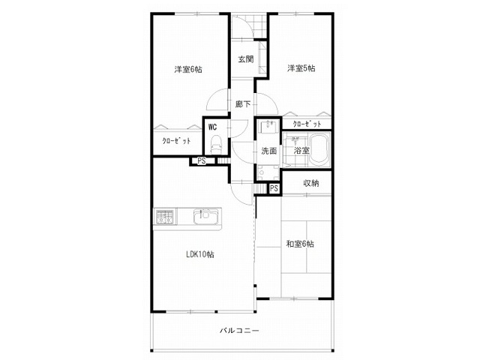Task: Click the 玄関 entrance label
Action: pyautogui.click(x=246, y=59)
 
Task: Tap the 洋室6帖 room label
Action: pyautogui.click(x=188, y=70)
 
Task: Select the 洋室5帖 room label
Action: pyautogui.click(x=301, y=68)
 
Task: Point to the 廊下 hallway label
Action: pyautogui.click(x=243, y=104)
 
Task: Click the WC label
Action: pyautogui.click(x=212, y=127)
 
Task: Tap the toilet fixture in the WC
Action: pyautogui.click(x=216, y=145)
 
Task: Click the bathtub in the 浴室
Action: pyautogui.click(x=320, y=149)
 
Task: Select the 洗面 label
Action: pyautogui.click(x=269, y=151)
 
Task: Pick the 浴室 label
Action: pyautogui.click(x=301, y=150)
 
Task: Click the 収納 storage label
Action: pyautogui.click(x=311, y=183)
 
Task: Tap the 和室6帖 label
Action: pyautogui.click(x=300, y=244)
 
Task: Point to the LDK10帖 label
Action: pyautogui.click(x=200, y=254)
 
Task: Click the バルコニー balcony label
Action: pyautogui.click(x=239, y=331)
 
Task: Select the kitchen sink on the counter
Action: pyautogui.click(x=205, y=217)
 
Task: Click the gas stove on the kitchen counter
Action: pyautogui.click(x=165, y=217)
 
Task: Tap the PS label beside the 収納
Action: pyautogui.click(x=274, y=188)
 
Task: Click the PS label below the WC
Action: pyautogui.click(x=202, y=161)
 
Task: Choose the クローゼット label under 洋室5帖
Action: pyautogui.click(x=307, y=124)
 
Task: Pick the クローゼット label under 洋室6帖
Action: pyautogui.click(x=176, y=141)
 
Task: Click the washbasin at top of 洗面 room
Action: pyautogui.click(x=268, y=127)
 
